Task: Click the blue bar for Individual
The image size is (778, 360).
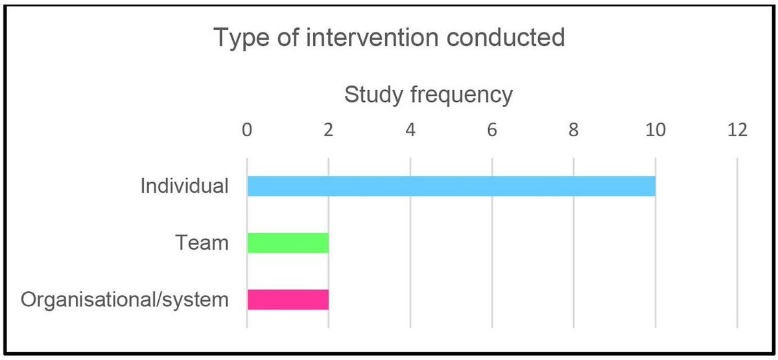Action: tap(451, 186)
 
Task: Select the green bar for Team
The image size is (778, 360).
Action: tap(288, 243)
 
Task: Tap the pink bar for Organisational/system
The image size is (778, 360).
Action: tap(288, 300)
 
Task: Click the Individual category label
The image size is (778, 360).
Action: tap(185, 186)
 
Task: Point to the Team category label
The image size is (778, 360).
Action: tap(202, 243)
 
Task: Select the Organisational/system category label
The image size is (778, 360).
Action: tap(125, 300)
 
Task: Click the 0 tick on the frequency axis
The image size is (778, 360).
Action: tap(246, 130)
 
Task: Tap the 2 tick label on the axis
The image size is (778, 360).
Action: tap(328, 130)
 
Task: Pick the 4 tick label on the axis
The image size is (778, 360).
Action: tap(410, 130)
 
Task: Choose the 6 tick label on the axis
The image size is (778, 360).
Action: tap(491, 130)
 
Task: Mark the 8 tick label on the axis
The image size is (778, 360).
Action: tap(573, 130)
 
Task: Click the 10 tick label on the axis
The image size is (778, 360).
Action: tap(655, 130)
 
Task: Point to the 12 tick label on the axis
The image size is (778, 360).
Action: tap(737, 130)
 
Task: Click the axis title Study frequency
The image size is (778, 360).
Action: tap(429, 95)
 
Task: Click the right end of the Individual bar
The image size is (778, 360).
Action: tap(654, 186)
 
